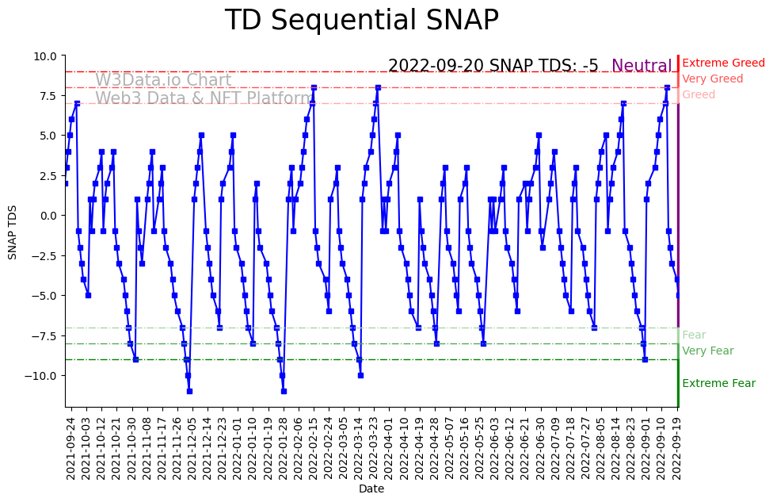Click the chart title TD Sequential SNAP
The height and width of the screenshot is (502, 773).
coord(361,21)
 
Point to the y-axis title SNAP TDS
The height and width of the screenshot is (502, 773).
coord(13,231)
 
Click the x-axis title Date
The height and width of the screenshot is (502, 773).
coord(371,489)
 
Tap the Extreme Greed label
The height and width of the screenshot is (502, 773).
coord(723,63)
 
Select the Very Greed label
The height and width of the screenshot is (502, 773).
coord(712,79)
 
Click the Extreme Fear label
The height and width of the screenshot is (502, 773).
coord(718,384)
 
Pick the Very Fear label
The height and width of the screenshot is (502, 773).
coord(707,351)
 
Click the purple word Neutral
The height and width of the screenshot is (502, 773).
coord(642,66)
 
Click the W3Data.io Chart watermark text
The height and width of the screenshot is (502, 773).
coord(163,80)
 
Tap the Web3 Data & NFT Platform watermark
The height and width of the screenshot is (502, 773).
coord(204,98)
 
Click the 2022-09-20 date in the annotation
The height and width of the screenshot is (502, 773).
coord(436,66)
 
